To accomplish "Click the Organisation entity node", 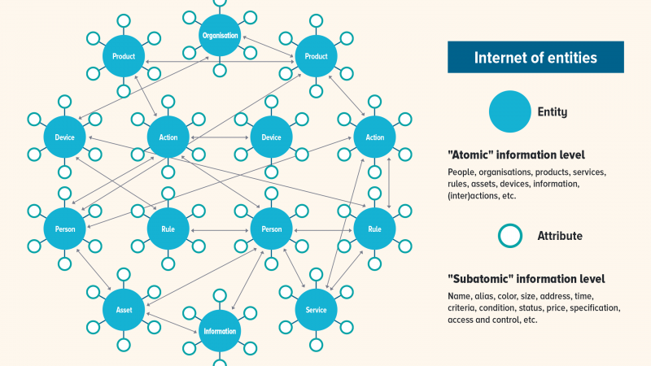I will click(220, 36).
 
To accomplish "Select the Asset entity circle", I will click(124, 310).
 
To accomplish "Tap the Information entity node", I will click(220, 331).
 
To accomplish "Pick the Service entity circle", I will click(316, 310).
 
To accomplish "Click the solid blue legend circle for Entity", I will click(509, 111).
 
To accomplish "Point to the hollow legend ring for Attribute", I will click(509, 237).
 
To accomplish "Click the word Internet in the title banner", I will click(497, 58).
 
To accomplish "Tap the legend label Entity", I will click(553, 112).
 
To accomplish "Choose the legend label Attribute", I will click(559, 237).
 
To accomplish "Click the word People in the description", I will click(461, 172).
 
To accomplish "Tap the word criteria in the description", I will click(463, 308).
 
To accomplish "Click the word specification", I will click(594, 308).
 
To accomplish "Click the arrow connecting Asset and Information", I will click(172, 320).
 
